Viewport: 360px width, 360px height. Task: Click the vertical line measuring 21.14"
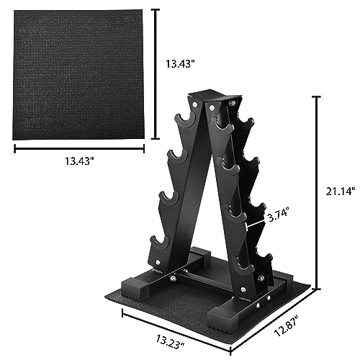pyautogui.click(x=316, y=193)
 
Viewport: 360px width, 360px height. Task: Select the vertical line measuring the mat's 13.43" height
pyautogui.click(x=155, y=71)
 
